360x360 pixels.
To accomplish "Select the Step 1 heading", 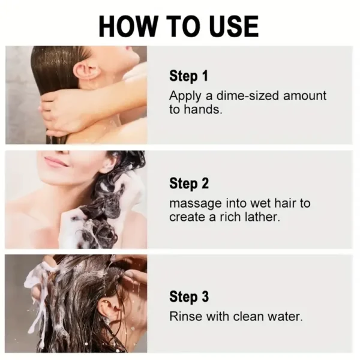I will tap(188, 76).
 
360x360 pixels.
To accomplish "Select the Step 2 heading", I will tap(188, 183).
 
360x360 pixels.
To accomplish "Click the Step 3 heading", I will tap(188, 296).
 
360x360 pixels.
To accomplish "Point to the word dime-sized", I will tap(233, 95).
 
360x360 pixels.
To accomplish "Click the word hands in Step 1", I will tap(200, 110).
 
